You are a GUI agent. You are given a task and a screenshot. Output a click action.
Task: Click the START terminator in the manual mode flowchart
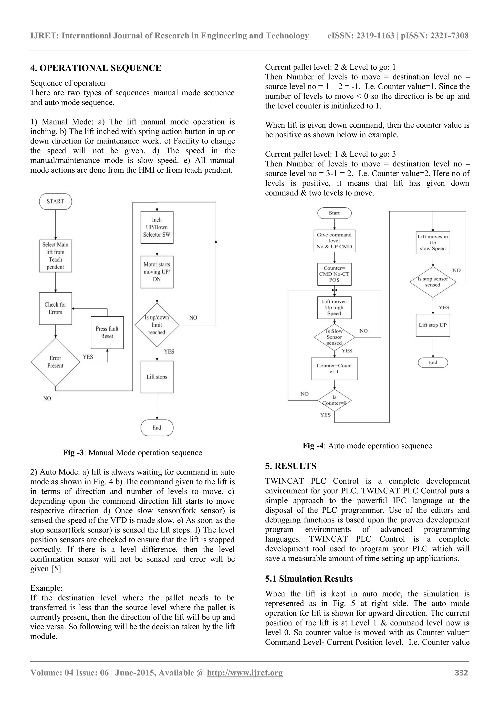(55, 201)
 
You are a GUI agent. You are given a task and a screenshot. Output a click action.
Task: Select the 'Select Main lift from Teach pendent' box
(55, 256)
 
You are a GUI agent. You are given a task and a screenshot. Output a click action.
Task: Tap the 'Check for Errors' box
(55, 308)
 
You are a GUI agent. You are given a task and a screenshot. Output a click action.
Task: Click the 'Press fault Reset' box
(107, 332)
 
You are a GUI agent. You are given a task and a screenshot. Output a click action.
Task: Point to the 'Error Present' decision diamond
(55, 362)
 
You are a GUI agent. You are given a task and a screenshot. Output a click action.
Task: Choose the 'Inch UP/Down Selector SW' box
(157, 227)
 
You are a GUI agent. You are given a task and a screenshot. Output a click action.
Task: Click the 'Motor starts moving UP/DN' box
(157, 272)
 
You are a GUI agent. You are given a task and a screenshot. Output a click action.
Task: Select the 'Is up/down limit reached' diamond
(157, 325)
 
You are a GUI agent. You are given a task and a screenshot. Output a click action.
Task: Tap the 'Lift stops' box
(157, 377)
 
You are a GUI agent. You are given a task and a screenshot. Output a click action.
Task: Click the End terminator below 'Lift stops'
(157, 428)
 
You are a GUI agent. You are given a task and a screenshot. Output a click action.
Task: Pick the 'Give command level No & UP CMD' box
(334, 241)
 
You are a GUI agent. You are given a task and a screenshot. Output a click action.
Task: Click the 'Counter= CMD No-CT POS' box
(334, 274)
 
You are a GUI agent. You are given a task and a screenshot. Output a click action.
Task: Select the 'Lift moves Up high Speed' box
(334, 308)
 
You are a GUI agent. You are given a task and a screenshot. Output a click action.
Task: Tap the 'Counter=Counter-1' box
(334, 368)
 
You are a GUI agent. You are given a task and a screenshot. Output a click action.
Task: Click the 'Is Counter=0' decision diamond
(334, 400)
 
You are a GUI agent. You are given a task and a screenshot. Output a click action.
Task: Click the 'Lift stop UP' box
(433, 325)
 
